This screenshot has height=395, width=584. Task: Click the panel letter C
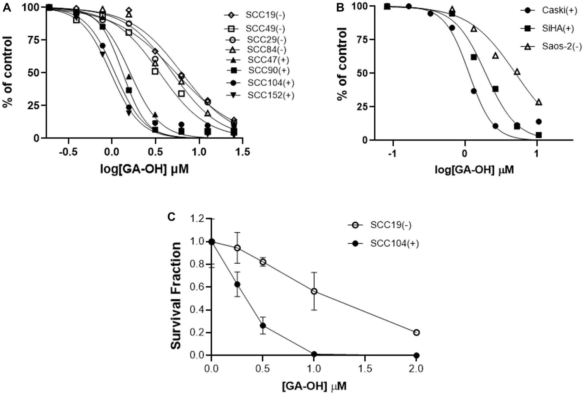[171, 217]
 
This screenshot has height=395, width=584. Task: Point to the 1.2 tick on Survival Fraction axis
[197, 219]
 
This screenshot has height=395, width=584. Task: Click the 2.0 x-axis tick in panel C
[416, 369]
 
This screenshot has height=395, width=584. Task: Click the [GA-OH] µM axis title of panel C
[314, 386]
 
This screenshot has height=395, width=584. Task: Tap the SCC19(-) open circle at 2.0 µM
[417, 332]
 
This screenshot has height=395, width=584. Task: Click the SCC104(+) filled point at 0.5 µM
[263, 325]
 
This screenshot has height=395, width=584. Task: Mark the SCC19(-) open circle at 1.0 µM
[314, 291]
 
